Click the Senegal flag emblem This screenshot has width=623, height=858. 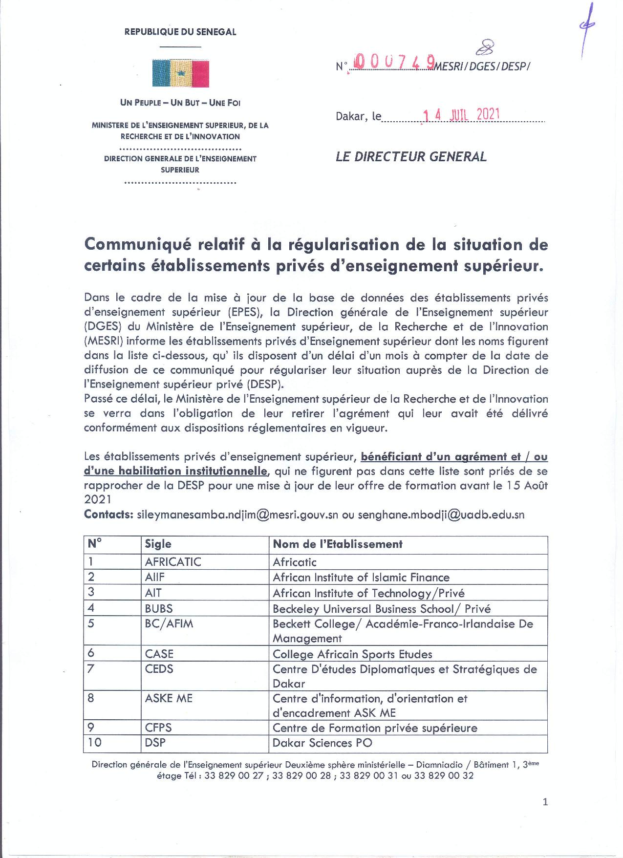180,73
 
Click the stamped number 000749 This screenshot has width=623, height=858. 394,62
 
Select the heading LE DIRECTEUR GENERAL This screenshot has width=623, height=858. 411,157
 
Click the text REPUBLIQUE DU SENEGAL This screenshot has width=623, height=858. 180,32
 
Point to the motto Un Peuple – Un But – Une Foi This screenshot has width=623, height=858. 180,103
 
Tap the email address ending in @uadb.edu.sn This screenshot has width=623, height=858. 441,515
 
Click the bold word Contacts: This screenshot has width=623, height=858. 108,515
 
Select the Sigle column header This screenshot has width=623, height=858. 158,544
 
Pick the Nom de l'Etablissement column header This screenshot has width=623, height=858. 337,544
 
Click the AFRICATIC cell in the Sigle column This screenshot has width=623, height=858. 173,562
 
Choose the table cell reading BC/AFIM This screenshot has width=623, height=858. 169,624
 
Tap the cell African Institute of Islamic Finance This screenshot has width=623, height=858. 361,578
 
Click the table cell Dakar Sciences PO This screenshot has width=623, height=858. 322,743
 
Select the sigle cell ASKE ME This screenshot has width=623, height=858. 169,698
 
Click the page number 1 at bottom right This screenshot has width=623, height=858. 545,802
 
